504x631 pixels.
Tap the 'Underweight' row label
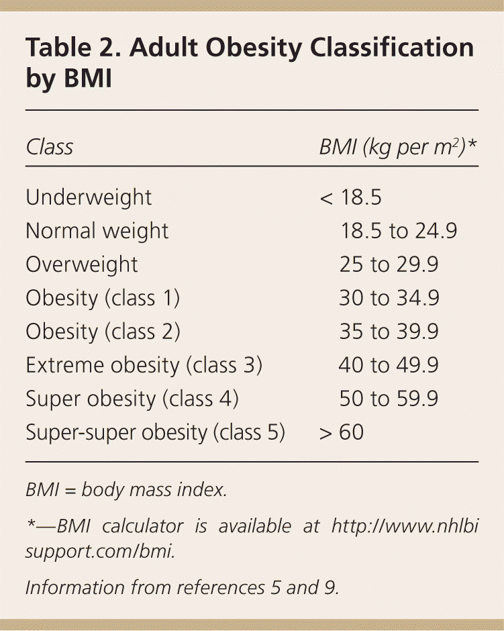(x=89, y=197)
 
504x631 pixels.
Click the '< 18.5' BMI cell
(x=351, y=197)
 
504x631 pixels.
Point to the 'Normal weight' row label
(x=97, y=231)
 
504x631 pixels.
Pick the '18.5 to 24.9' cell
(x=399, y=231)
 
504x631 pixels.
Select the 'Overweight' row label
(x=82, y=264)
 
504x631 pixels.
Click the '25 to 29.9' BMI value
(x=389, y=264)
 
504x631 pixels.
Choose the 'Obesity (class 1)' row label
(x=103, y=298)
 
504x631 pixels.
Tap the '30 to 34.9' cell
(x=389, y=298)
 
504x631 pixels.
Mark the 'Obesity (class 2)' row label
(x=103, y=332)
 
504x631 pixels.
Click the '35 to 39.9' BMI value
(x=389, y=332)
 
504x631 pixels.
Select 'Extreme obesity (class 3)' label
(x=144, y=365)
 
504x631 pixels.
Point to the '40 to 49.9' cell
(x=389, y=365)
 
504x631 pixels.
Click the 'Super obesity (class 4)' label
(x=132, y=399)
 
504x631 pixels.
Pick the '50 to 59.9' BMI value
(x=389, y=399)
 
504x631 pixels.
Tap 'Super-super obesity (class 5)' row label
(x=156, y=432)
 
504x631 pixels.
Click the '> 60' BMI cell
(x=342, y=432)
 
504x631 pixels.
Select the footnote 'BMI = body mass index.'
(x=126, y=490)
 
